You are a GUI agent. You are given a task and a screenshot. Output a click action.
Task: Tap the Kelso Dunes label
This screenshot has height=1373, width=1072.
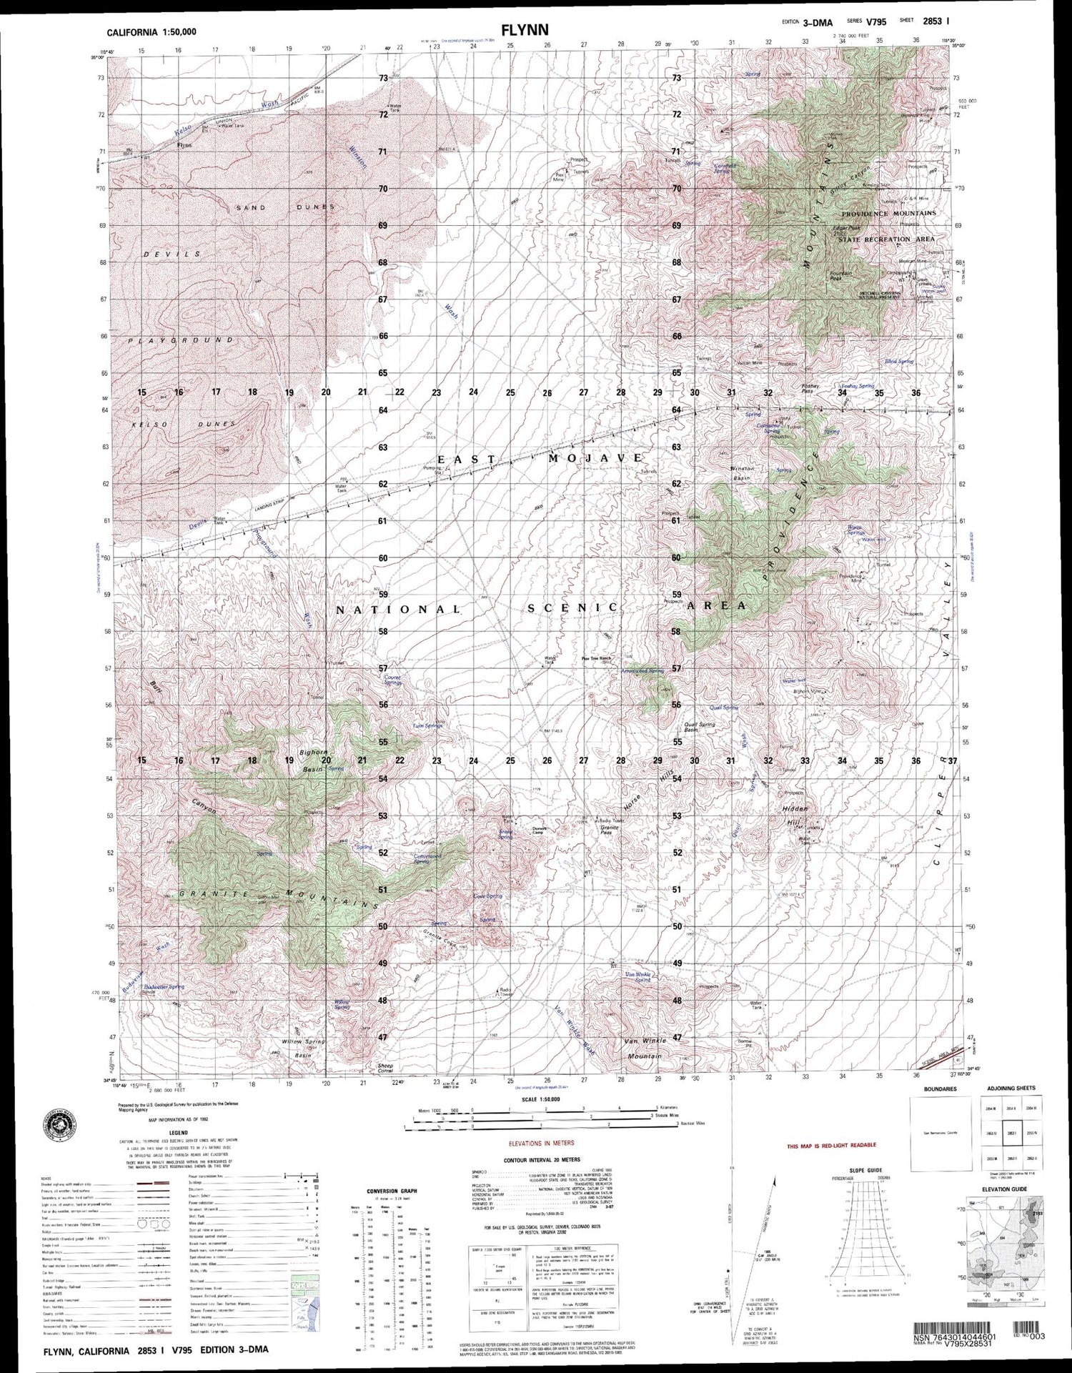click(x=184, y=425)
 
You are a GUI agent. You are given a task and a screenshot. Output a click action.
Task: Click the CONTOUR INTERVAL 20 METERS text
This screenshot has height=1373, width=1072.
click(x=542, y=1160)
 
